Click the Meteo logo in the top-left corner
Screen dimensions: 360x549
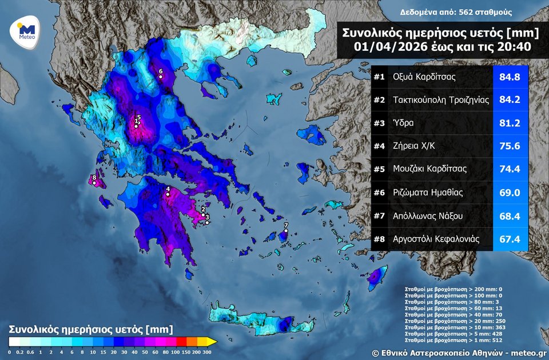[x=27, y=31]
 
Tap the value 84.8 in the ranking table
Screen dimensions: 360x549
[x=510, y=77]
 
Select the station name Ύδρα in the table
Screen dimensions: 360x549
[x=403, y=123]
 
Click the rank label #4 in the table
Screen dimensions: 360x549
[x=379, y=146]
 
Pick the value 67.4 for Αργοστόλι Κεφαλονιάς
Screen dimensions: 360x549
[x=510, y=239]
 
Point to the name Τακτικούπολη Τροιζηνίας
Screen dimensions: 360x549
[x=441, y=100]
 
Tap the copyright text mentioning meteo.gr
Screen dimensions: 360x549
[x=459, y=353]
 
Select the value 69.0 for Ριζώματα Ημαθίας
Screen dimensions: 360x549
[x=510, y=193]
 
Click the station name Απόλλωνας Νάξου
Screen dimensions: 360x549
[x=428, y=215]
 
